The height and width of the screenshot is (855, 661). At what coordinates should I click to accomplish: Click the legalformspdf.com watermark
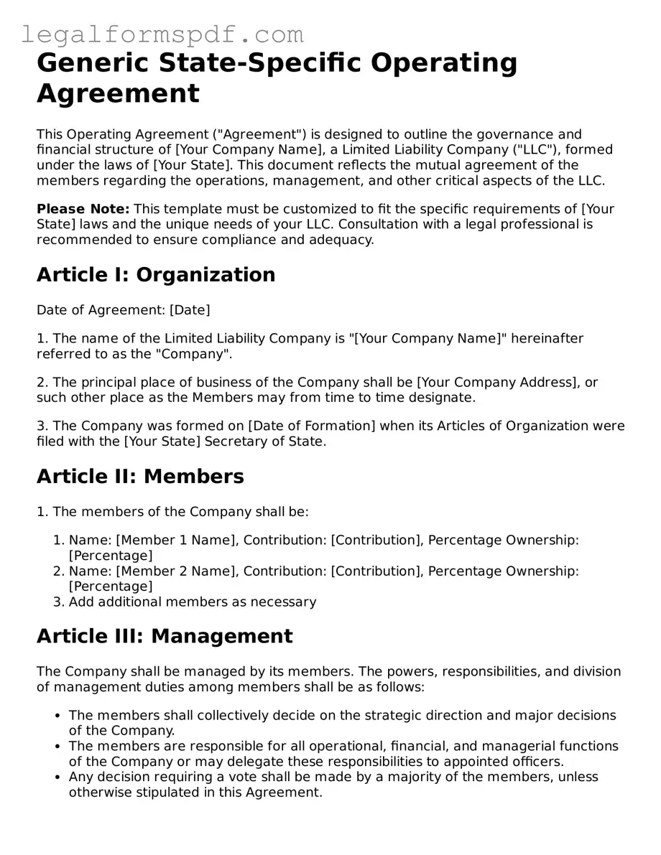[x=162, y=34]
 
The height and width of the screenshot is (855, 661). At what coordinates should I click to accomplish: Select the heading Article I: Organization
[x=156, y=274]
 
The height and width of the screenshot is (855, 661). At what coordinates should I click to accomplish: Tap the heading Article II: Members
[x=140, y=476]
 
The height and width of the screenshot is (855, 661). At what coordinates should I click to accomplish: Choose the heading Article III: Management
[x=165, y=636]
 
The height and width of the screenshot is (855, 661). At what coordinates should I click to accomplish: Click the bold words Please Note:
[x=83, y=209]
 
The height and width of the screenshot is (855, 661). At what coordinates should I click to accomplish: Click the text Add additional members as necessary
[x=193, y=602]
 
